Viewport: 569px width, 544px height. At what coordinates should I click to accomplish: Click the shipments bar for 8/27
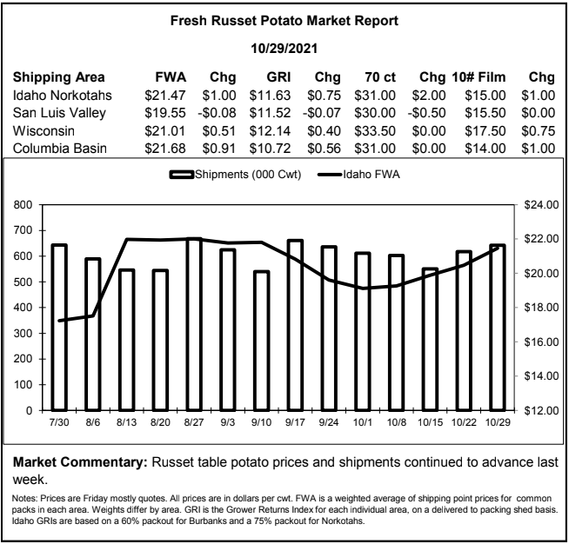(x=194, y=324)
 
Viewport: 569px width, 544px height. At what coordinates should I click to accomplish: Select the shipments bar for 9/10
(x=261, y=341)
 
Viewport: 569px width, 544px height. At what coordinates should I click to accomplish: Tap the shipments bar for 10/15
(x=430, y=340)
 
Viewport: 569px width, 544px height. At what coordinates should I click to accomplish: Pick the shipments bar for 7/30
(x=59, y=328)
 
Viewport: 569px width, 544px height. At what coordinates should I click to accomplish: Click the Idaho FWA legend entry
(x=358, y=175)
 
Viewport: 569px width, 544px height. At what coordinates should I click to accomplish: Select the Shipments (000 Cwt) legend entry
(x=235, y=175)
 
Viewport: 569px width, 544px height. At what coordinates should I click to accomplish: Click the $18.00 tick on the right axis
(x=541, y=308)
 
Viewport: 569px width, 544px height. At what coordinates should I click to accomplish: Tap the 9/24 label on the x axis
(x=328, y=422)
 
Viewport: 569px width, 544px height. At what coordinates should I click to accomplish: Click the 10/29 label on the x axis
(x=498, y=422)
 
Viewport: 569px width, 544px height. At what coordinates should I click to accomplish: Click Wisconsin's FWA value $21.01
(x=165, y=131)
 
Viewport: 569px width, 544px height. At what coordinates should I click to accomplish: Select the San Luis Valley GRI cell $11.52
(x=270, y=113)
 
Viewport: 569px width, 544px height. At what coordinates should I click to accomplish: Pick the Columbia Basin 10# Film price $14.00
(x=485, y=149)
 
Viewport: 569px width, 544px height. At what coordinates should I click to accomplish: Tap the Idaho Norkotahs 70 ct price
(x=375, y=96)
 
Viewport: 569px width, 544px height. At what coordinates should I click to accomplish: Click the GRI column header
(x=278, y=77)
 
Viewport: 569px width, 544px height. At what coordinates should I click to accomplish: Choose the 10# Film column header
(x=479, y=77)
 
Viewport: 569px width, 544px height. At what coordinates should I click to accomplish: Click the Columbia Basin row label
(x=60, y=149)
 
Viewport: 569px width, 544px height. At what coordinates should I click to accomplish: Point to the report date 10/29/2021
(x=284, y=49)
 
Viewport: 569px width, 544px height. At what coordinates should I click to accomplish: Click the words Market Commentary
(x=80, y=462)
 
